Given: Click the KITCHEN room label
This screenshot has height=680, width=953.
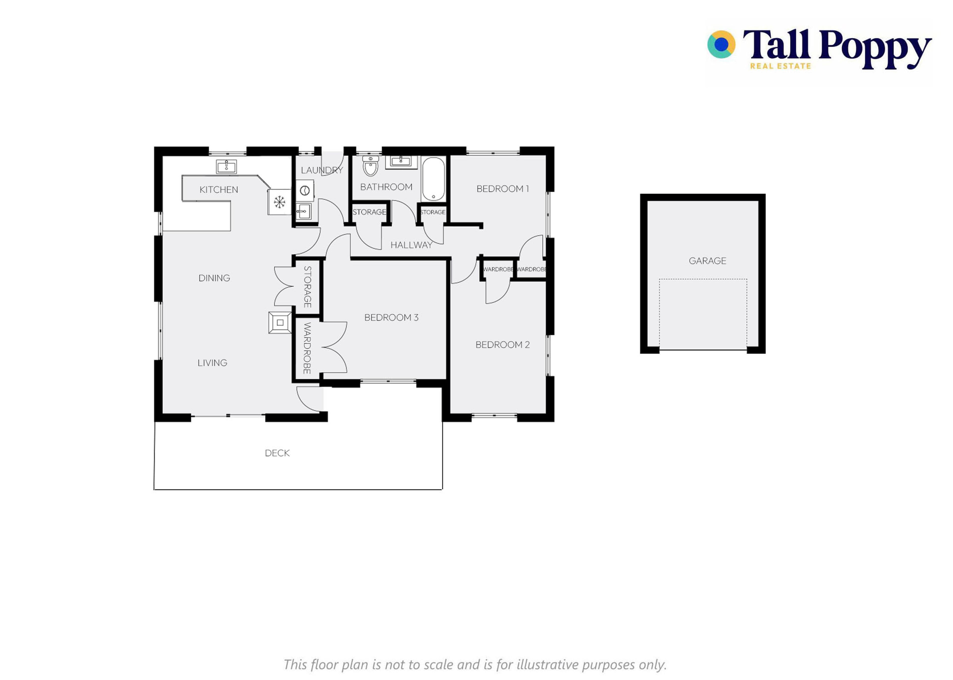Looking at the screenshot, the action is [x=218, y=190].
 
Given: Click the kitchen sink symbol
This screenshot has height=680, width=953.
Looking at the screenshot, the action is [x=226, y=166].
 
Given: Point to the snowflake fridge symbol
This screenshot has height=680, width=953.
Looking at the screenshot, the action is [x=279, y=202].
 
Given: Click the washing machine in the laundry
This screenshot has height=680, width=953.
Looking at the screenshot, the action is [x=305, y=191].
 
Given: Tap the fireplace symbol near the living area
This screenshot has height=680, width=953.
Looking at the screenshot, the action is [x=280, y=323].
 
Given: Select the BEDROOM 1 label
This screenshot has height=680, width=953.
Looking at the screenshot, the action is [x=503, y=189].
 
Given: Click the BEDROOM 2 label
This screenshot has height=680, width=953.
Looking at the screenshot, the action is [x=503, y=345].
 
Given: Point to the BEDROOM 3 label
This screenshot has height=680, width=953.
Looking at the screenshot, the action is [x=391, y=317].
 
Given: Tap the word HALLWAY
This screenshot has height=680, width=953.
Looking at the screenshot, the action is [x=411, y=245].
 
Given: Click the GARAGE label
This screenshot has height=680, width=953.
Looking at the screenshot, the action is [x=707, y=261].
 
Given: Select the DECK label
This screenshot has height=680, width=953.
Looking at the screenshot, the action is [x=277, y=453].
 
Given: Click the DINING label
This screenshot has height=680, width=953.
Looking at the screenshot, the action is [x=214, y=278].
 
